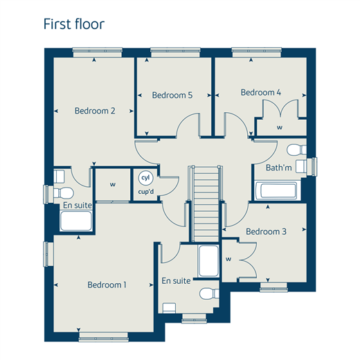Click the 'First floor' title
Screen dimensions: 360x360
(74, 24)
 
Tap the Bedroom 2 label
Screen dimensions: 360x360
(95, 111)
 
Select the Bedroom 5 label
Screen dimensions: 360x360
(172, 95)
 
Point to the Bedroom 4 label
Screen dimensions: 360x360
(261, 92)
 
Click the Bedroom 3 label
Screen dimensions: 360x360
(266, 231)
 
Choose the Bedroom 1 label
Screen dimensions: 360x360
(107, 285)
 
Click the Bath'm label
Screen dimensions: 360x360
(279, 168)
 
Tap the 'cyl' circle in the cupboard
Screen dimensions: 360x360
(145, 178)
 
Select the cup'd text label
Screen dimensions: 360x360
(146, 192)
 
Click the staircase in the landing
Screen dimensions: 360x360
(206, 204)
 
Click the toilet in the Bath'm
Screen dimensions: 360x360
(296, 150)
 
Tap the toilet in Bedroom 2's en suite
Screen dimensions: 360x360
(64, 193)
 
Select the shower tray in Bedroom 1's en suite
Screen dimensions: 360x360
(208, 261)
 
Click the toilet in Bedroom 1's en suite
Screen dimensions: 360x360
(209, 294)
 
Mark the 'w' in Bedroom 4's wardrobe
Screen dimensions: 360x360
(280, 127)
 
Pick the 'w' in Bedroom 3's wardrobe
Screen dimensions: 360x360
(228, 259)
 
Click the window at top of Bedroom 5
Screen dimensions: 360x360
(175, 52)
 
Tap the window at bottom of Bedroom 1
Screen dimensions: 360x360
(103, 336)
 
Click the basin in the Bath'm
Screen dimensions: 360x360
(301, 166)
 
